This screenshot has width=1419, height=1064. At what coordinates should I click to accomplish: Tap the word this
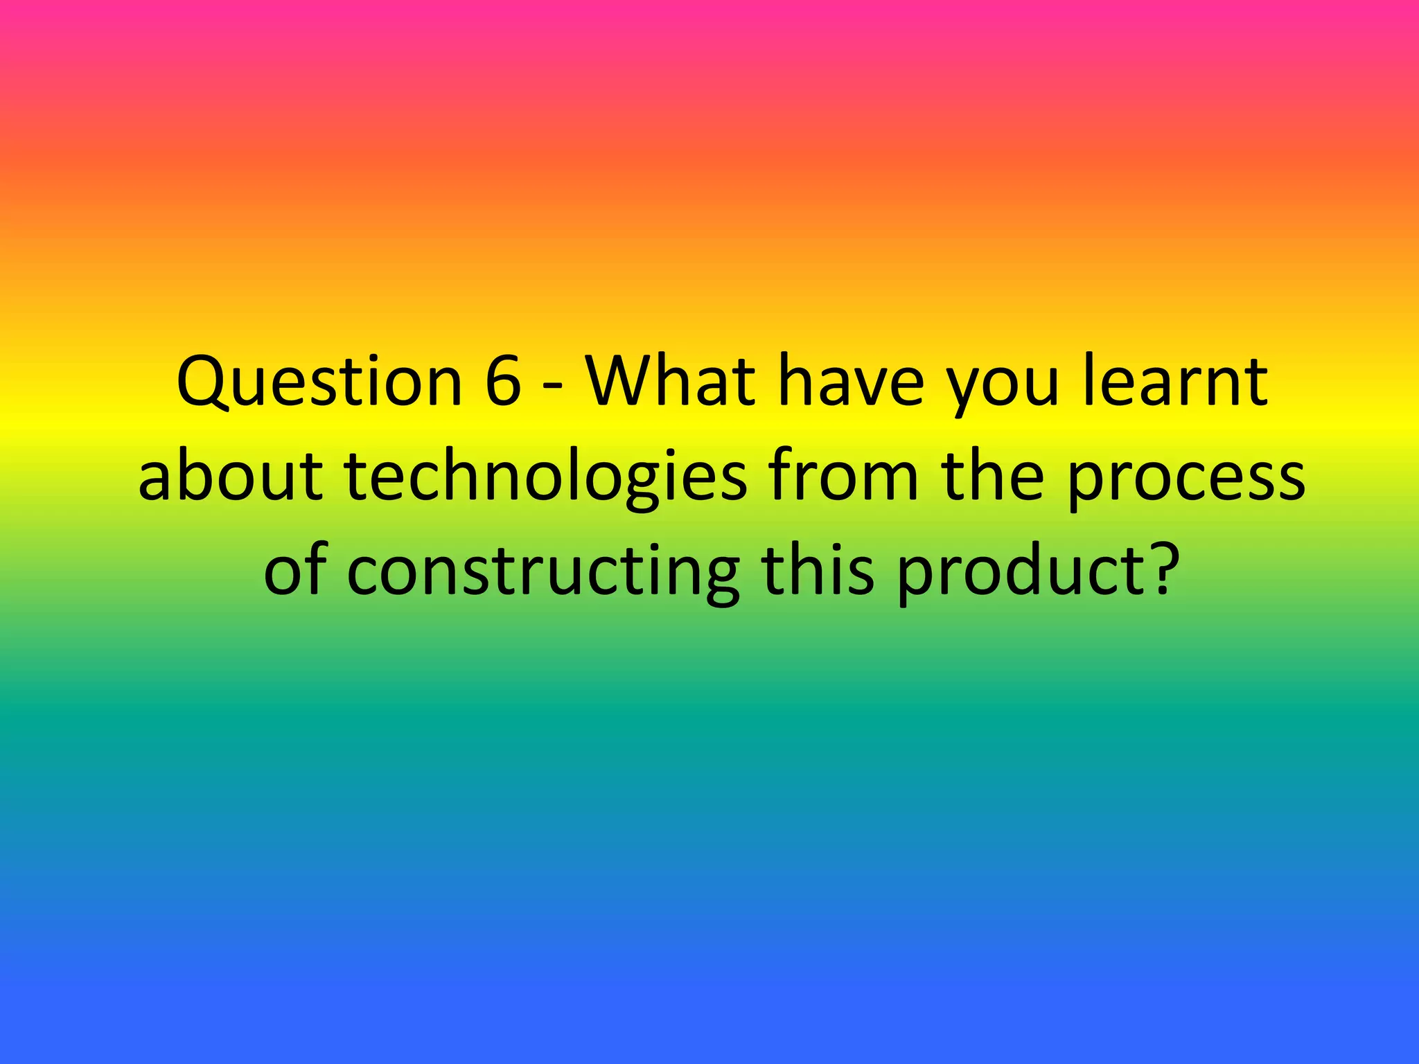point(818,571)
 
